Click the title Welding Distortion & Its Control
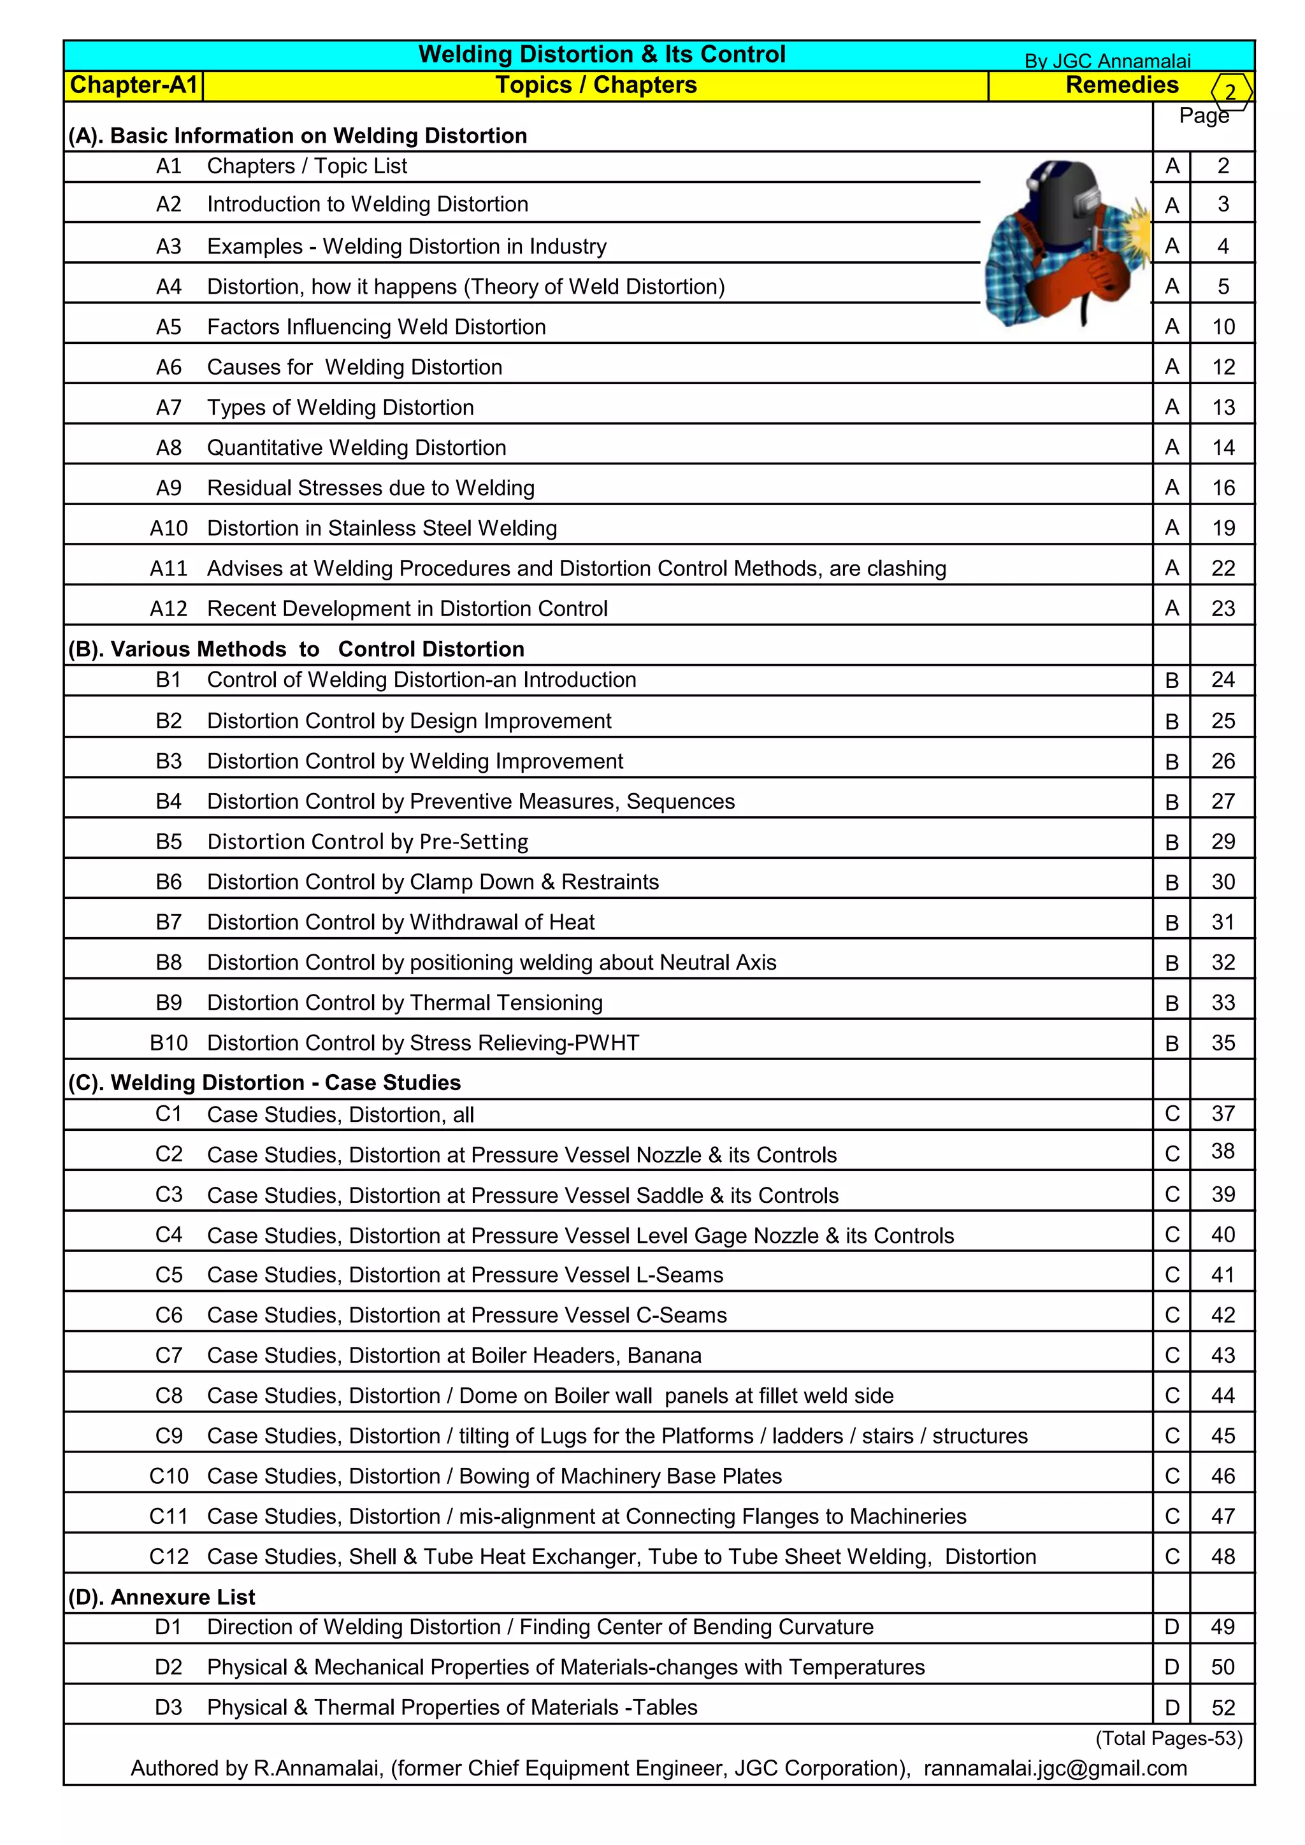[602, 55]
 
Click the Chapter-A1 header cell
[133, 85]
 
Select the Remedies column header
[1121, 85]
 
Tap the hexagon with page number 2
[1230, 92]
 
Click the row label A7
[169, 407]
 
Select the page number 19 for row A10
[1222, 528]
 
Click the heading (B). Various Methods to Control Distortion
[296, 649]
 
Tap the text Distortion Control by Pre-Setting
[367, 842]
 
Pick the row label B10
[168, 1042]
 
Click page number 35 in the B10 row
[1222, 1042]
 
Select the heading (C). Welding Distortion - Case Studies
[264, 1082]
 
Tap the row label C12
[169, 1556]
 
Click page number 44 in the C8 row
[1222, 1396]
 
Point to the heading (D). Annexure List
[161, 1597]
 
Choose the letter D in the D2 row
[1172, 1667]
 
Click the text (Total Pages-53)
[1169, 1738]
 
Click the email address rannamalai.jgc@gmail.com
[1055, 1769]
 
